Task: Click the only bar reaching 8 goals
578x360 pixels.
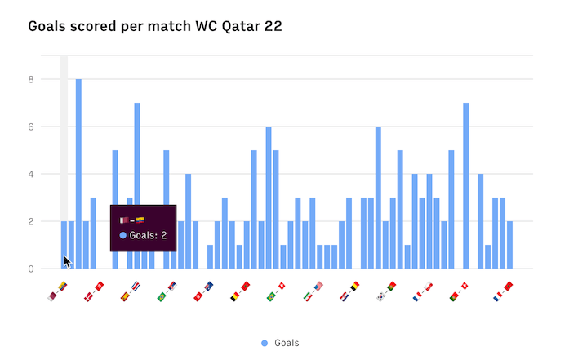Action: pyautogui.click(x=78, y=173)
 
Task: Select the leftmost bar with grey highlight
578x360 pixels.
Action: pyautogui.click(x=64, y=244)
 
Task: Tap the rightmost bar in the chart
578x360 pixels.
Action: pyautogui.click(x=509, y=244)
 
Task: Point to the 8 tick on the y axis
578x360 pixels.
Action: pyautogui.click(x=31, y=80)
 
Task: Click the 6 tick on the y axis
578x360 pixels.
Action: pyautogui.click(x=31, y=127)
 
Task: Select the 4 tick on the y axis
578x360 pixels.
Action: pyautogui.click(x=31, y=175)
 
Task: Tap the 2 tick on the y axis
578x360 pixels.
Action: pyautogui.click(x=31, y=222)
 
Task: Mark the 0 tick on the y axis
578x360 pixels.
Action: pyautogui.click(x=31, y=269)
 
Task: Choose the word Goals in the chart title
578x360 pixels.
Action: pyautogui.click(x=49, y=26)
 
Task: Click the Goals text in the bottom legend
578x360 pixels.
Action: pyautogui.click(x=287, y=343)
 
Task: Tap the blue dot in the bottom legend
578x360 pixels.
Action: pyautogui.click(x=265, y=343)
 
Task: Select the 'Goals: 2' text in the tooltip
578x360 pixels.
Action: pyautogui.click(x=148, y=235)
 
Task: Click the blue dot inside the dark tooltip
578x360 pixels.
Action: pyautogui.click(x=123, y=235)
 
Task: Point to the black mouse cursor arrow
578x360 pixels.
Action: pyautogui.click(x=67, y=261)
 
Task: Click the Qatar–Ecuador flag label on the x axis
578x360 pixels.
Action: pyautogui.click(x=57, y=291)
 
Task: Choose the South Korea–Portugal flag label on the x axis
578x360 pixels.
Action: pyautogui.click(x=385, y=291)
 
